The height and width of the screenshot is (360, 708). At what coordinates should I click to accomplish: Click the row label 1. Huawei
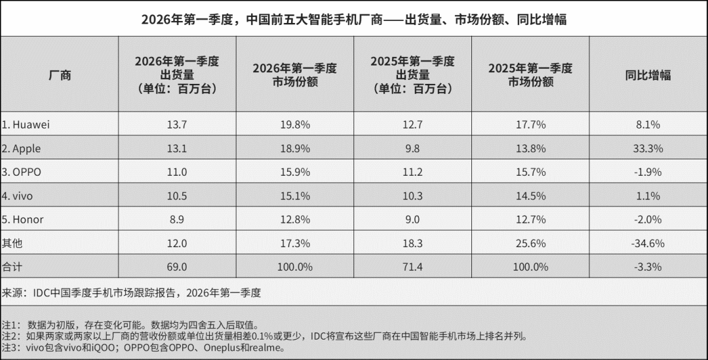pos(26,125)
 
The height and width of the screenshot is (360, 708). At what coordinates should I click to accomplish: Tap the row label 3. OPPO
pos(22,172)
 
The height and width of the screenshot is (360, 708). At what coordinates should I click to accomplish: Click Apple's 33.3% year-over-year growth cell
pos(648,148)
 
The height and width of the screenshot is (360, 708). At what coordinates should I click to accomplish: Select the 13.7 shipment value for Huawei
pos(176,125)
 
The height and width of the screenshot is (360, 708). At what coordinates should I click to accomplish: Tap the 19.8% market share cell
pos(294,125)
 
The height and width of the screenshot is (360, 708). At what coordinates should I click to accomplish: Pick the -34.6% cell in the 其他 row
pos(648,243)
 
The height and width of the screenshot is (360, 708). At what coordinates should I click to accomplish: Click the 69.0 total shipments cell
pos(176,267)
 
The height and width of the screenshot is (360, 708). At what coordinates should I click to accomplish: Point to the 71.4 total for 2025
pos(412,267)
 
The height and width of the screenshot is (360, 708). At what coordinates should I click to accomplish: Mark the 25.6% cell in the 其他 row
pos(530,243)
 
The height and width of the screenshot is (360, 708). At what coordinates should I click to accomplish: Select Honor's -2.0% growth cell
pos(648,219)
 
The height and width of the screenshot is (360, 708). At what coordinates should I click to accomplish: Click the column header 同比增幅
pos(648,75)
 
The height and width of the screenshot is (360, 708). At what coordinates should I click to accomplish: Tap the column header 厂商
pos(60,75)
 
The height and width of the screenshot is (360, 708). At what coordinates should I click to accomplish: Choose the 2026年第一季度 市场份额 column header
pos(294,75)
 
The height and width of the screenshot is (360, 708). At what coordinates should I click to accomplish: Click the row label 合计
pos(12,267)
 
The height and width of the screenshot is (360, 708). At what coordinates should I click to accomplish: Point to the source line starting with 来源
pos(131,292)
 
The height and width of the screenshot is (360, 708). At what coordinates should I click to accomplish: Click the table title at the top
pos(354,20)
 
